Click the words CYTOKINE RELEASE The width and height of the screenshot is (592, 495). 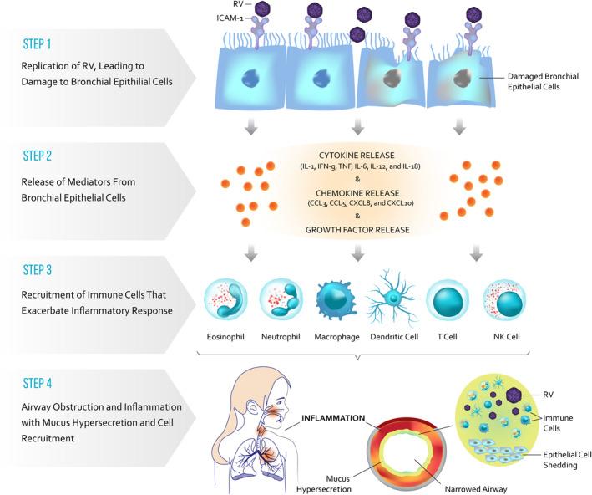coord(357,155)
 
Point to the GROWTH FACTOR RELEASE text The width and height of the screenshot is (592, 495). coord(357,227)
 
